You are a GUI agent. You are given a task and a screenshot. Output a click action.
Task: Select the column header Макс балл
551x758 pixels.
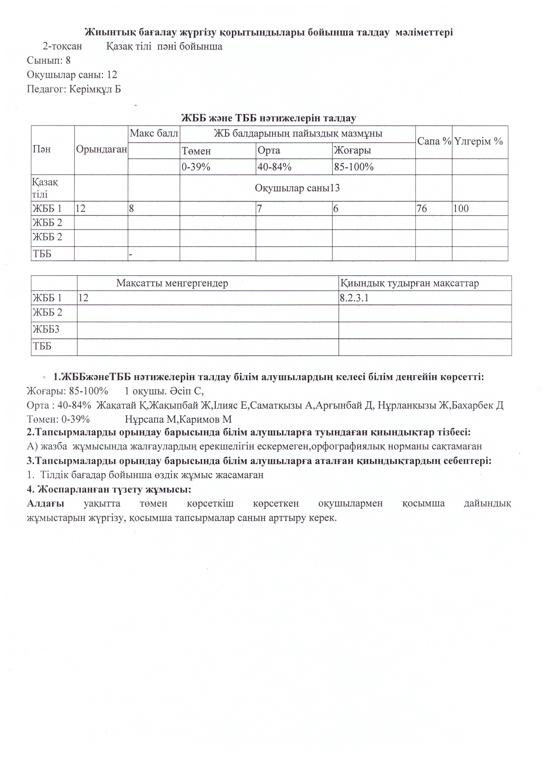point(154,134)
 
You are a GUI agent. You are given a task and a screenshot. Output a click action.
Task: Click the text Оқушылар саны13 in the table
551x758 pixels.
point(297,188)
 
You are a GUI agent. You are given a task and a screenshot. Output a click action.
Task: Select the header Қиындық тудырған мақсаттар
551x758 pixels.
point(409,283)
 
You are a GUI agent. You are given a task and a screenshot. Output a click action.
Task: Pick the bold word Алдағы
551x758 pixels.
point(45,503)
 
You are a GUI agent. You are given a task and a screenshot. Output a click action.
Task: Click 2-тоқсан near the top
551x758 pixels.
point(62,46)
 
